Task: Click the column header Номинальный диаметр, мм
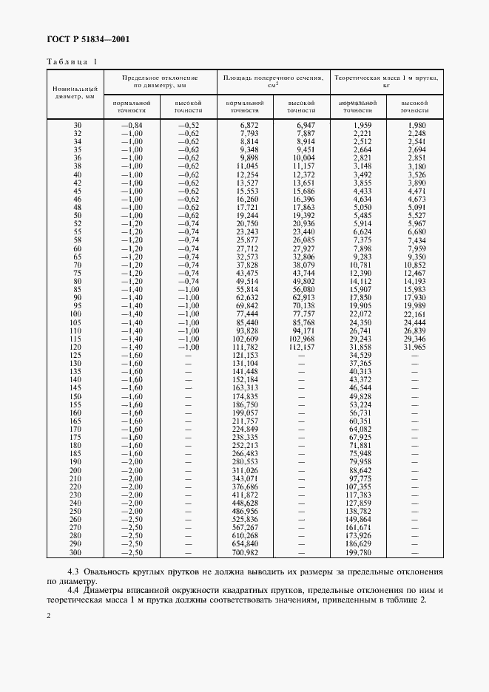click(74, 92)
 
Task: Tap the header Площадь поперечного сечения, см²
click(273, 81)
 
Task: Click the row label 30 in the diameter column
click(78, 125)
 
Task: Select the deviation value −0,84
click(131, 125)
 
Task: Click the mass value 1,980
click(417, 125)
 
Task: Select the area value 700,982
click(245, 552)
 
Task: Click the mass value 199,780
click(359, 552)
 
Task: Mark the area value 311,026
click(245, 470)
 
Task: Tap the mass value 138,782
click(359, 511)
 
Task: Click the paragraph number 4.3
click(74, 571)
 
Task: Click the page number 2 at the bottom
click(49, 615)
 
